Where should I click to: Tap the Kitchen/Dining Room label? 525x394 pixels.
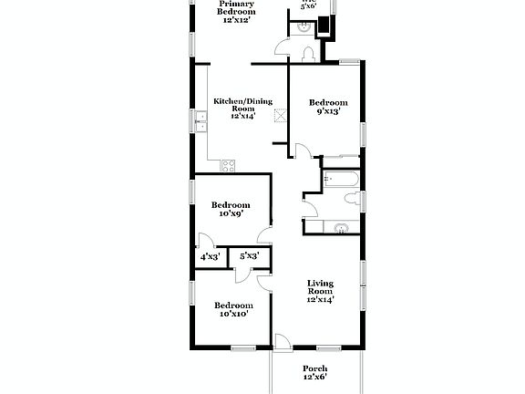click(x=242, y=109)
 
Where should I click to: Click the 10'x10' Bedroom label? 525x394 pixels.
click(x=234, y=309)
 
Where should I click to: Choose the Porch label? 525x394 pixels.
click(x=314, y=372)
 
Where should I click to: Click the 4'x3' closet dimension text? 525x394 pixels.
click(x=210, y=258)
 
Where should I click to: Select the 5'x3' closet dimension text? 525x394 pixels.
click(x=249, y=258)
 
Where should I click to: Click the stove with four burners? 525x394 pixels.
click(x=227, y=164)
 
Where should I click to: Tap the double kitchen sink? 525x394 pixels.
click(x=201, y=121)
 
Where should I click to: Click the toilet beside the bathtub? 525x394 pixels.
click(x=349, y=200)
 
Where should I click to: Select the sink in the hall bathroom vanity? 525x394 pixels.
click(x=341, y=227)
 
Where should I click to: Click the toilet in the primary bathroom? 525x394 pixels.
click(x=306, y=54)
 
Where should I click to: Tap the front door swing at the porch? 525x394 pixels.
click(x=283, y=341)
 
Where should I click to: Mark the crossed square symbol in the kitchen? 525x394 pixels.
click(x=281, y=116)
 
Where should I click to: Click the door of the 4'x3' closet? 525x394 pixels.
click(x=206, y=242)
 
